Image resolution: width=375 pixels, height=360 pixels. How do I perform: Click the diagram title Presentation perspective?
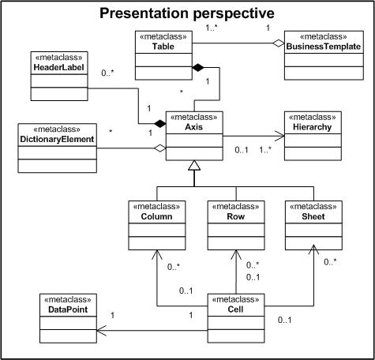pos(187,13)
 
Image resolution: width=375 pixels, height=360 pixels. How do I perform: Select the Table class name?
pos(163,47)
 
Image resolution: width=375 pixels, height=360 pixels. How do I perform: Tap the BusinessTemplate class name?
pos(324,47)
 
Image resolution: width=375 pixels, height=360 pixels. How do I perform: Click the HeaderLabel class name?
pos(59,67)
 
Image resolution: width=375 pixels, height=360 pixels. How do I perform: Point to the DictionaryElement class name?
pos(57,139)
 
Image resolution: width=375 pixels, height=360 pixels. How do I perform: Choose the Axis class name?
pos(194,127)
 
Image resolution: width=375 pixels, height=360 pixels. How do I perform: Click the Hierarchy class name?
pos(313,127)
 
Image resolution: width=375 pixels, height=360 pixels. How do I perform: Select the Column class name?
pos(156,216)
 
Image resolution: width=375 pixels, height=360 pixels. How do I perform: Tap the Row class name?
pos(236,216)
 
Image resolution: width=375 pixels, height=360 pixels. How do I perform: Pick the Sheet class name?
pos(313,216)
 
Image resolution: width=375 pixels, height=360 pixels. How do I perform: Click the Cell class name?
pos(235,309)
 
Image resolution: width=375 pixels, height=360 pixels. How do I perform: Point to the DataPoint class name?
pos(68,309)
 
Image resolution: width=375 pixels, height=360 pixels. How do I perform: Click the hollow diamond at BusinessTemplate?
pos(278,43)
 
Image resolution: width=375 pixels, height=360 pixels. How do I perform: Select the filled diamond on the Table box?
pos(198,68)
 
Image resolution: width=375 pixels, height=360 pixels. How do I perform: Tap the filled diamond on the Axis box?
pos(160,123)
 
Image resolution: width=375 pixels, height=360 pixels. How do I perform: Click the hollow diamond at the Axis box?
pos(160,148)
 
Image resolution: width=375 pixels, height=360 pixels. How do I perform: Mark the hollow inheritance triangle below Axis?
pos(194,165)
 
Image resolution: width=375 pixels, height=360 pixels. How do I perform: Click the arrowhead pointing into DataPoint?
pos(102,331)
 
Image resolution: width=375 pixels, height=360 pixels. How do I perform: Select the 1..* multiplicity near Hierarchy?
pos(265,150)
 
